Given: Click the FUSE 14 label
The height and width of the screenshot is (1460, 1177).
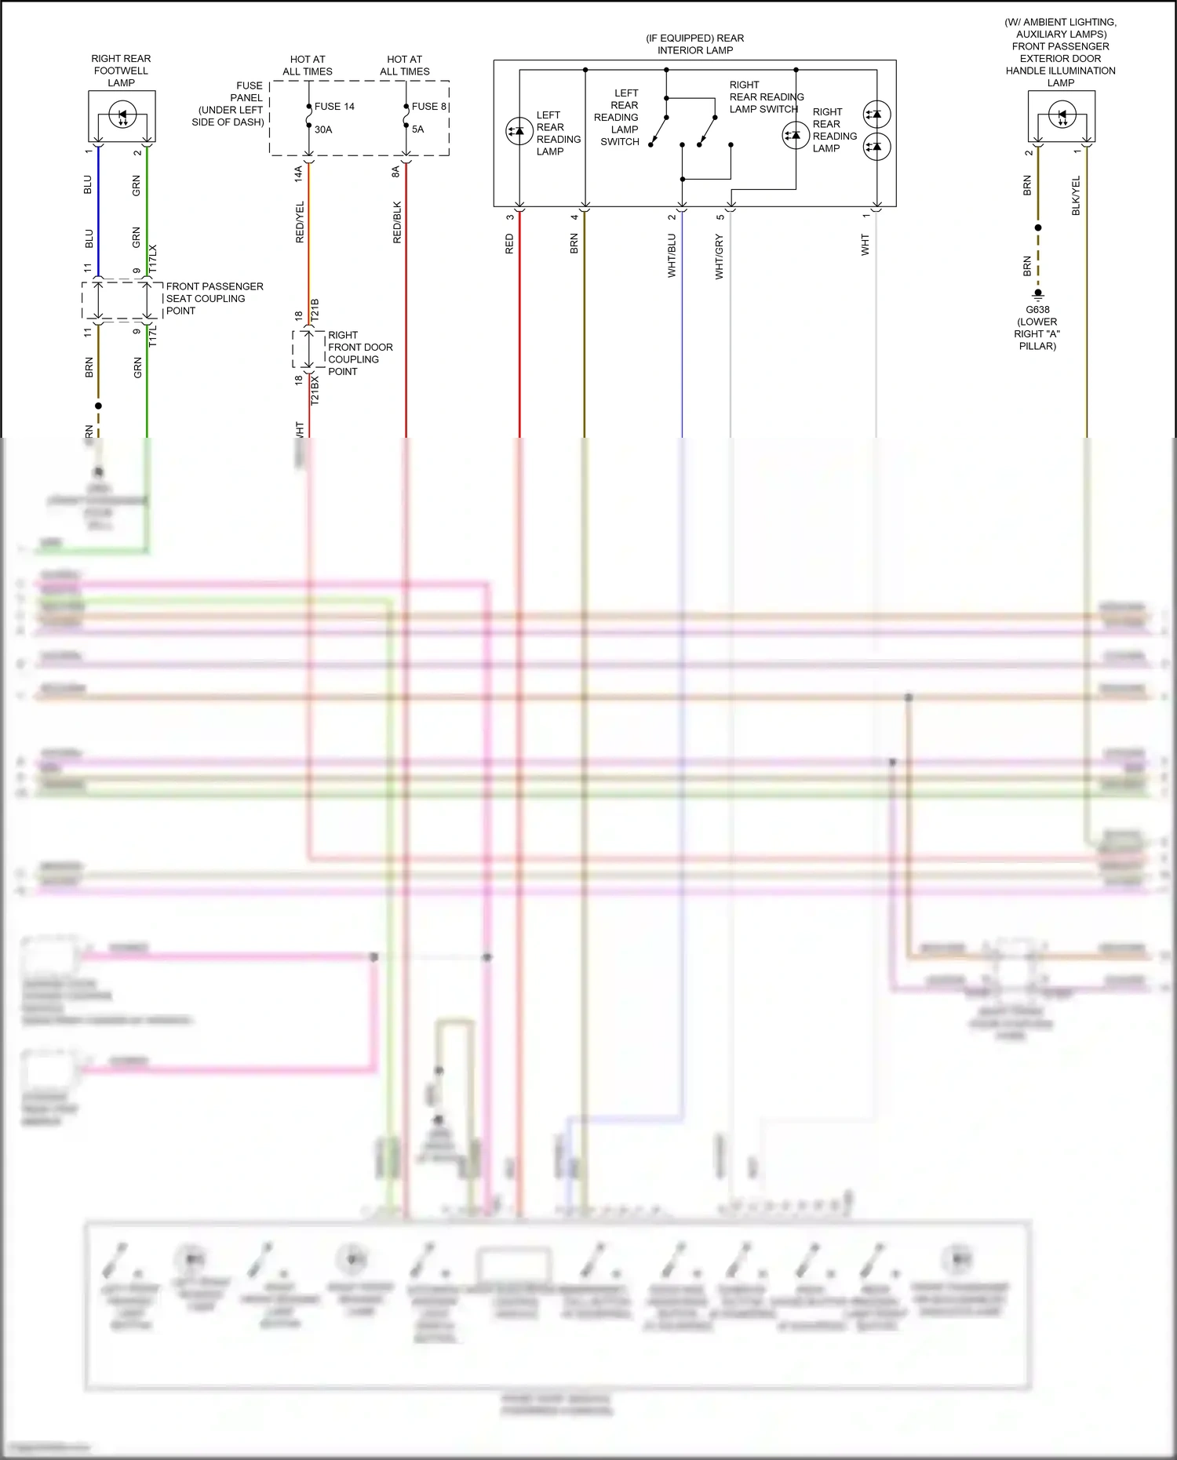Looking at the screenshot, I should point(334,107).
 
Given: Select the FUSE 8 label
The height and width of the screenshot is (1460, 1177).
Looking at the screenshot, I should point(428,107).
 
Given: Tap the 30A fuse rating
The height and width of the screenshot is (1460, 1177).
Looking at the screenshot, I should point(323,129).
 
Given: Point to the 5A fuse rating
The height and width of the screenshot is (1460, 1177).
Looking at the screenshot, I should point(417,129).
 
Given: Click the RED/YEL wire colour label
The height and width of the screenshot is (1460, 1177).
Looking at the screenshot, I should point(300,222).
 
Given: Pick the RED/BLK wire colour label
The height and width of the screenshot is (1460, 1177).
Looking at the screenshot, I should point(397,222).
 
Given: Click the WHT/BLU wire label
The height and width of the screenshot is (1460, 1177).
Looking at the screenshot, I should point(672,255).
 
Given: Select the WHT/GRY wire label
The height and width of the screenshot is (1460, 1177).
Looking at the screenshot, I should point(720,257).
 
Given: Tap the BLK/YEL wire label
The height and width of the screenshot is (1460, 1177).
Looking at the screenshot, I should point(1076,195).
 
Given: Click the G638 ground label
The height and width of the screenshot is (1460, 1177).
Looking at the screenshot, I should point(1037,310).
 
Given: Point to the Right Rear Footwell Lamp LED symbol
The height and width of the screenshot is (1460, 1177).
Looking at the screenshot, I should point(122,115).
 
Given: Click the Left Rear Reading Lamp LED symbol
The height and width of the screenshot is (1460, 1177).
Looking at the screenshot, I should point(519,131).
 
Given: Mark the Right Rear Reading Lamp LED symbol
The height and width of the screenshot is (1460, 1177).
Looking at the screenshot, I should point(796,135).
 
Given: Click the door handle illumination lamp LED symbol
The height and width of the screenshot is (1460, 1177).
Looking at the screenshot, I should point(1062,116).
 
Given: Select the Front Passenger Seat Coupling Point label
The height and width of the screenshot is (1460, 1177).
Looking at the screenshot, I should point(214,299).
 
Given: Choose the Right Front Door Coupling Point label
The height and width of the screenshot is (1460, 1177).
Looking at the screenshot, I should point(359,353).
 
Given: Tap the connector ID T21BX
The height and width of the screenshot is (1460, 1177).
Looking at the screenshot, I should point(315,389).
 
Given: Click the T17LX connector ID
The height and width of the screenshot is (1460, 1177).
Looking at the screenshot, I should point(153,259).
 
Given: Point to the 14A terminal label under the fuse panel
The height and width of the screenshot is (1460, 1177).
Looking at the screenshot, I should point(299,173).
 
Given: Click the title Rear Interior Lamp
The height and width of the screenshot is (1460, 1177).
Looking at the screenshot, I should point(695,44).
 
